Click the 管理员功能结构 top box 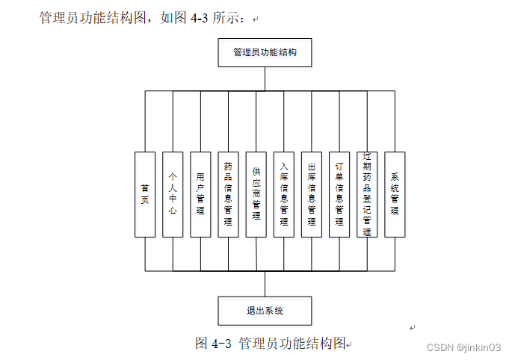coord(265,53)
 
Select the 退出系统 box coord(265,310)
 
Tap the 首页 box coord(145,194)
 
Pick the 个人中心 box coord(173,194)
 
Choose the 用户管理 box coord(200,194)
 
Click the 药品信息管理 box coord(228,194)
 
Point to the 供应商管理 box coord(256,194)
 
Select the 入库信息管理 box coord(283,194)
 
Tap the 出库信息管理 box coord(312,194)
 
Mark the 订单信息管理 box coord(339,194)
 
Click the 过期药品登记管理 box coord(367,194)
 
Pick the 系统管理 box coord(395,194)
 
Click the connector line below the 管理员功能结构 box coord(265,79)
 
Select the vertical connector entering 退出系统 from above coord(265,283)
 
